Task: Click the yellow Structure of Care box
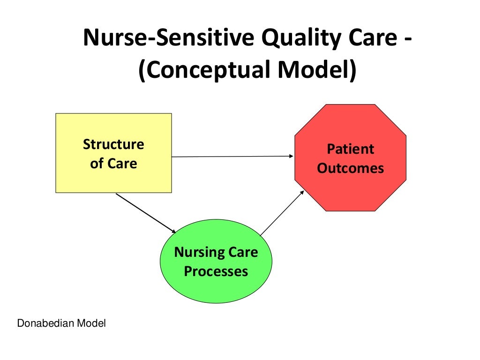point(113,153)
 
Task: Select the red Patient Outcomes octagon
point(350,158)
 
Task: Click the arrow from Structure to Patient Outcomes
point(232,157)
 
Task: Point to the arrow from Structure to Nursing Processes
point(145,213)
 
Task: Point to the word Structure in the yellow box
point(113,144)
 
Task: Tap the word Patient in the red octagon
point(351,149)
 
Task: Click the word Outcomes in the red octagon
point(351,168)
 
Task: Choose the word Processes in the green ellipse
point(216,271)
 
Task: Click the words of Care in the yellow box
point(113,164)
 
